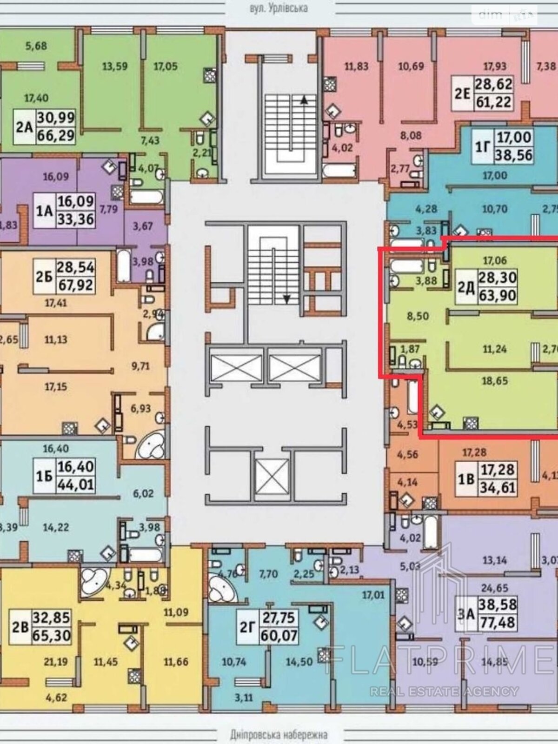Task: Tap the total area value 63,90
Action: tap(498, 295)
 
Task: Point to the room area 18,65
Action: tap(495, 381)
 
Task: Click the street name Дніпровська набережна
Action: tap(279, 734)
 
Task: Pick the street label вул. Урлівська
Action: tap(279, 8)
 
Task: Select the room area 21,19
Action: tap(55, 662)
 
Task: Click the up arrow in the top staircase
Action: tap(304, 99)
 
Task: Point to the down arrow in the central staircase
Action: tap(287, 299)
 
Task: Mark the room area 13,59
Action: tap(114, 66)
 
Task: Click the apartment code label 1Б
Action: tap(44, 475)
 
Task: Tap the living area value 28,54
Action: tap(75, 267)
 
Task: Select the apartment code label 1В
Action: tap(466, 478)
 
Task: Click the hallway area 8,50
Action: tap(418, 316)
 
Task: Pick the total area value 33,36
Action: tap(75, 219)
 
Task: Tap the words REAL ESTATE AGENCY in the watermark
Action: tap(444, 691)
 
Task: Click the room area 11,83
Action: tap(356, 66)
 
